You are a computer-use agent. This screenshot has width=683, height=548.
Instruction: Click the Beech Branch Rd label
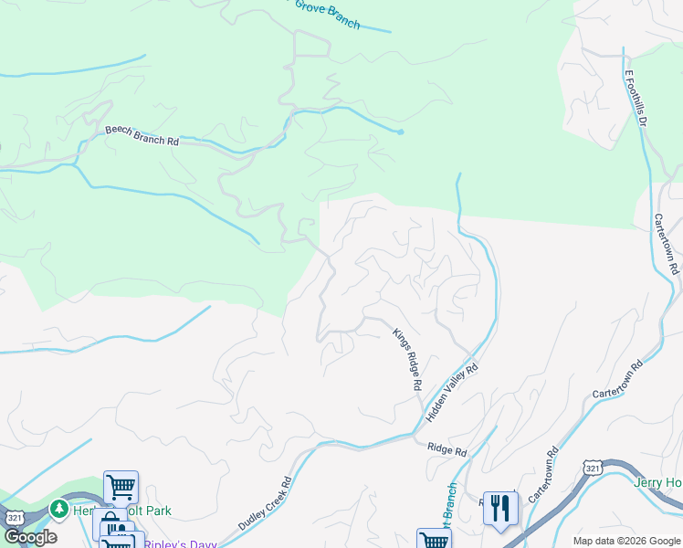tap(141, 136)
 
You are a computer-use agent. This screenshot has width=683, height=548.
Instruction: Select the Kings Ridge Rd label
tap(406, 360)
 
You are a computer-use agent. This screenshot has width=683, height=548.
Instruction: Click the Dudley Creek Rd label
tap(265, 504)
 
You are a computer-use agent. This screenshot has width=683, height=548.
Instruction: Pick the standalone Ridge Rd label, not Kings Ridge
tap(447, 449)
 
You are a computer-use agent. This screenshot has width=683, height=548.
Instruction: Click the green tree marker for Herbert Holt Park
tap(59, 507)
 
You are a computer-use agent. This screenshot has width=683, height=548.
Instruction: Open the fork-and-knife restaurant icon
tap(499, 508)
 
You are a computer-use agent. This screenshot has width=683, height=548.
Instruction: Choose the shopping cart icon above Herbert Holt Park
tap(121, 486)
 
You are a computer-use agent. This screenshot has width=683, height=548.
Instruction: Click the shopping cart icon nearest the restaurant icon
tap(434, 540)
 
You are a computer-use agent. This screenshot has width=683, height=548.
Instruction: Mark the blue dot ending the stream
tap(401, 132)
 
